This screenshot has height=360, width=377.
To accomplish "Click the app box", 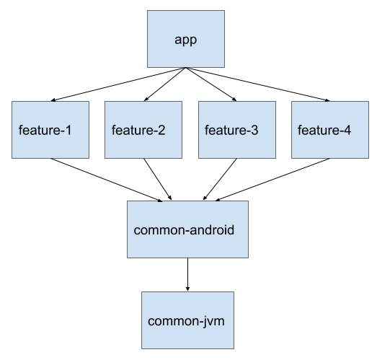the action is [x=186, y=39].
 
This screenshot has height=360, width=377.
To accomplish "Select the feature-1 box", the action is [x=50, y=130].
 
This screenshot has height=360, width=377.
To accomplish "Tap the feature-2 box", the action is [x=143, y=130].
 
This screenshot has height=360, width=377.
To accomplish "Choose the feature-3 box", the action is [x=237, y=130].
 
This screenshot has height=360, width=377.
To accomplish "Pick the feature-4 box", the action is [x=330, y=130].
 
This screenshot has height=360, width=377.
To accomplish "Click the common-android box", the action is [x=187, y=229].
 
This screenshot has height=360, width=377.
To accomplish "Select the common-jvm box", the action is [x=187, y=320].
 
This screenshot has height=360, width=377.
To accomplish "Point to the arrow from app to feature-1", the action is [x=118, y=84].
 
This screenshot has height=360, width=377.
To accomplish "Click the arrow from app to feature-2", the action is [x=164, y=84].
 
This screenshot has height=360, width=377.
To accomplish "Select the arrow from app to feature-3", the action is [x=211, y=84].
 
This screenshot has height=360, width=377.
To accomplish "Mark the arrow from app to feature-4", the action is [x=258, y=84].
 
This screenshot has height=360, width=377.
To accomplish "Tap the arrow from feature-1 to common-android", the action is [x=107, y=180].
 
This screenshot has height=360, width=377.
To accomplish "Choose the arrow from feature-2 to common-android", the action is [x=157, y=179].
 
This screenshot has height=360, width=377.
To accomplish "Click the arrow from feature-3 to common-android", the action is [x=220, y=179].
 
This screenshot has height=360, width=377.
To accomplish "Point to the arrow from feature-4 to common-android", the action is [x=272, y=180].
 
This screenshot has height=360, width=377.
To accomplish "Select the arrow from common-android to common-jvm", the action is [x=187, y=275].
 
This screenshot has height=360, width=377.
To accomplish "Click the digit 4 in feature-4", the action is [x=347, y=130].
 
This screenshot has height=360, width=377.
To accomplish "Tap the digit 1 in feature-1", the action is [x=68, y=130].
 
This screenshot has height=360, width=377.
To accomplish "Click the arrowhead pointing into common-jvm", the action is [x=187, y=289].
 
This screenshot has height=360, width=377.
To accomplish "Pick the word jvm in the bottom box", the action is [x=214, y=322].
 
